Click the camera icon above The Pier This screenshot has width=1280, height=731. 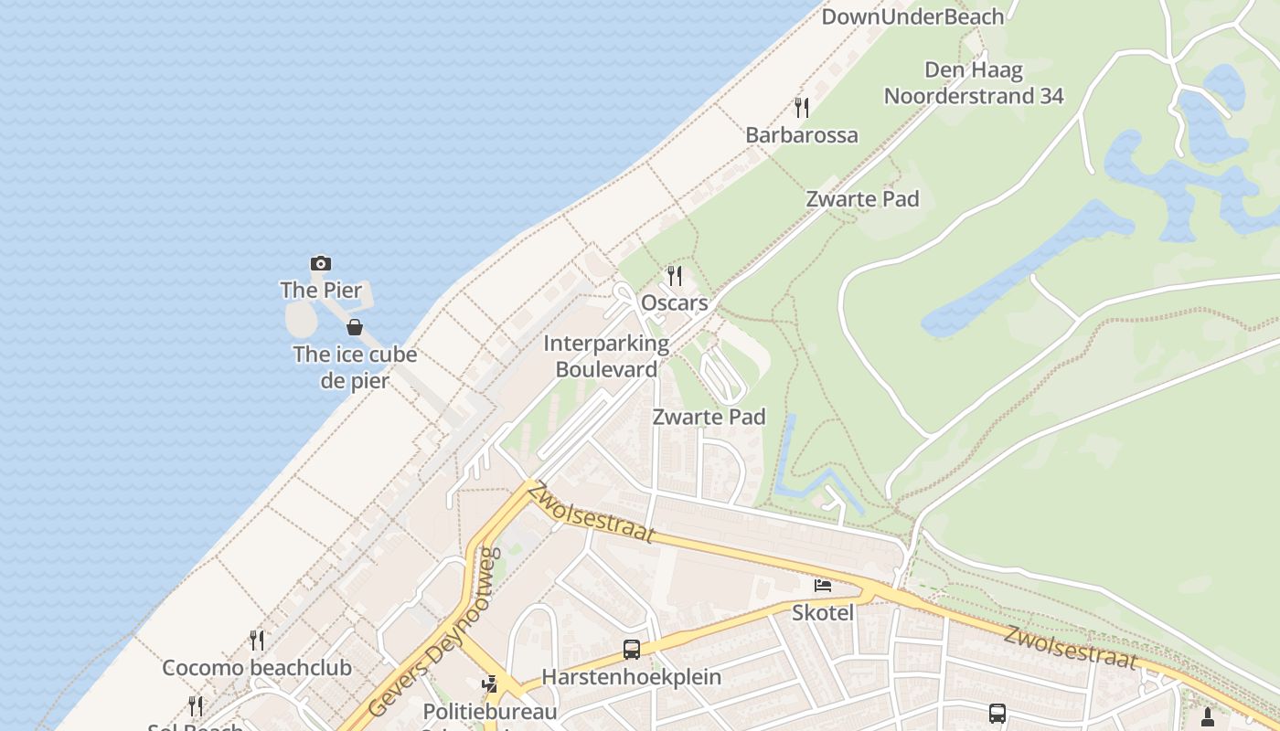(x=321, y=264)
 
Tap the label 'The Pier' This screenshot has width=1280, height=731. (x=321, y=291)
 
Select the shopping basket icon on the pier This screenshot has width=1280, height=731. (x=355, y=327)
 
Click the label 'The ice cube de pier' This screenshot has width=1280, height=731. (x=355, y=367)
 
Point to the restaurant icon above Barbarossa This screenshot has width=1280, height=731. (x=802, y=108)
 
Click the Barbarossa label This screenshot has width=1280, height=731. (x=802, y=135)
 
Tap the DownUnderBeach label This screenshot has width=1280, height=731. (x=912, y=16)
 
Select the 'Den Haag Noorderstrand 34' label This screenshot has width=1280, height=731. (x=974, y=83)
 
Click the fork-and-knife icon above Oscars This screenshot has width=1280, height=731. (x=675, y=275)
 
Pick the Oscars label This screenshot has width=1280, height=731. (x=675, y=302)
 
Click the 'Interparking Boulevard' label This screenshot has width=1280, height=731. (x=606, y=356)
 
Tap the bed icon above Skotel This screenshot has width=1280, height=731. (x=823, y=585)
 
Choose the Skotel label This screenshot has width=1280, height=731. (x=823, y=612)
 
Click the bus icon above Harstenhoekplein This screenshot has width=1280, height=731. (x=632, y=650)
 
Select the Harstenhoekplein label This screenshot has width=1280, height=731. (x=632, y=677)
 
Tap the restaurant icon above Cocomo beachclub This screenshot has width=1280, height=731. (x=257, y=641)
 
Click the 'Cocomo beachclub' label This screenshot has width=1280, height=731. (x=257, y=668)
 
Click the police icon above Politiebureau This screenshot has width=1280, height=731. (x=490, y=683)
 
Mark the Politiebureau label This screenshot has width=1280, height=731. (x=490, y=711)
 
